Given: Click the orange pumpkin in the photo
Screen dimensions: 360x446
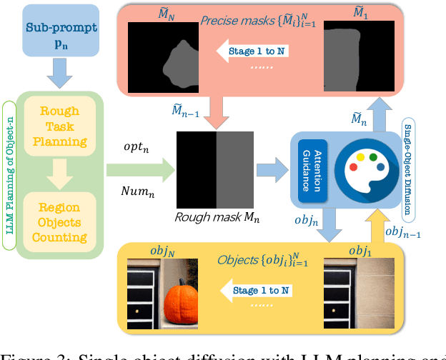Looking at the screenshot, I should tap(188, 293).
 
